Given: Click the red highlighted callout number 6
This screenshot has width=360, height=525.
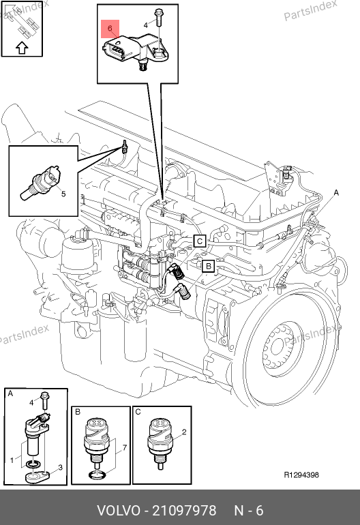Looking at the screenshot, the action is [110, 29].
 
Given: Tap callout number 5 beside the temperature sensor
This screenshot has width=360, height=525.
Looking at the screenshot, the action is [63, 194].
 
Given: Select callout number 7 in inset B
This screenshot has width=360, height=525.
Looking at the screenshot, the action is [124, 448].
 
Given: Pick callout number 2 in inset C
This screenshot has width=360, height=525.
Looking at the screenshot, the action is [184, 432].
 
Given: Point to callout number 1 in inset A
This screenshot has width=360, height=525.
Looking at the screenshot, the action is [12, 460].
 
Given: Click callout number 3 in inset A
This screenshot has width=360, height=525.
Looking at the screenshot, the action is [60, 468].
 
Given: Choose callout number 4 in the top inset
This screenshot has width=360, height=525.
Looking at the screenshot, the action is [146, 25].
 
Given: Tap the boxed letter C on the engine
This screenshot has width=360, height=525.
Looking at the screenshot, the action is [200, 241].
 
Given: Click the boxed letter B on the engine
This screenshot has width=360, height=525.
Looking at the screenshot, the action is [209, 266].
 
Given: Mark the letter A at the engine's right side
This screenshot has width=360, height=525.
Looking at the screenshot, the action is [336, 192].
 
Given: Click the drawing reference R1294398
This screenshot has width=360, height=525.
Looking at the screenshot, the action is [301, 475].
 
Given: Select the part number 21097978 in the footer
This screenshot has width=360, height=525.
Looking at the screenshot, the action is [184, 511].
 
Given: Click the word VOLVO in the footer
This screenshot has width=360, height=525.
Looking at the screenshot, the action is [119, 511].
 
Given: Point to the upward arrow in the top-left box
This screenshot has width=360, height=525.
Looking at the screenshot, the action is [22, 48].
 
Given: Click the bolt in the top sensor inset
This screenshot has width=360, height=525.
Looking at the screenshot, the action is [158, 18].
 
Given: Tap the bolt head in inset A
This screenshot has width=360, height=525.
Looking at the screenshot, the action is [44, 394].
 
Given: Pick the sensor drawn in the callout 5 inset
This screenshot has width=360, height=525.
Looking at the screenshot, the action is [41, 182].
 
